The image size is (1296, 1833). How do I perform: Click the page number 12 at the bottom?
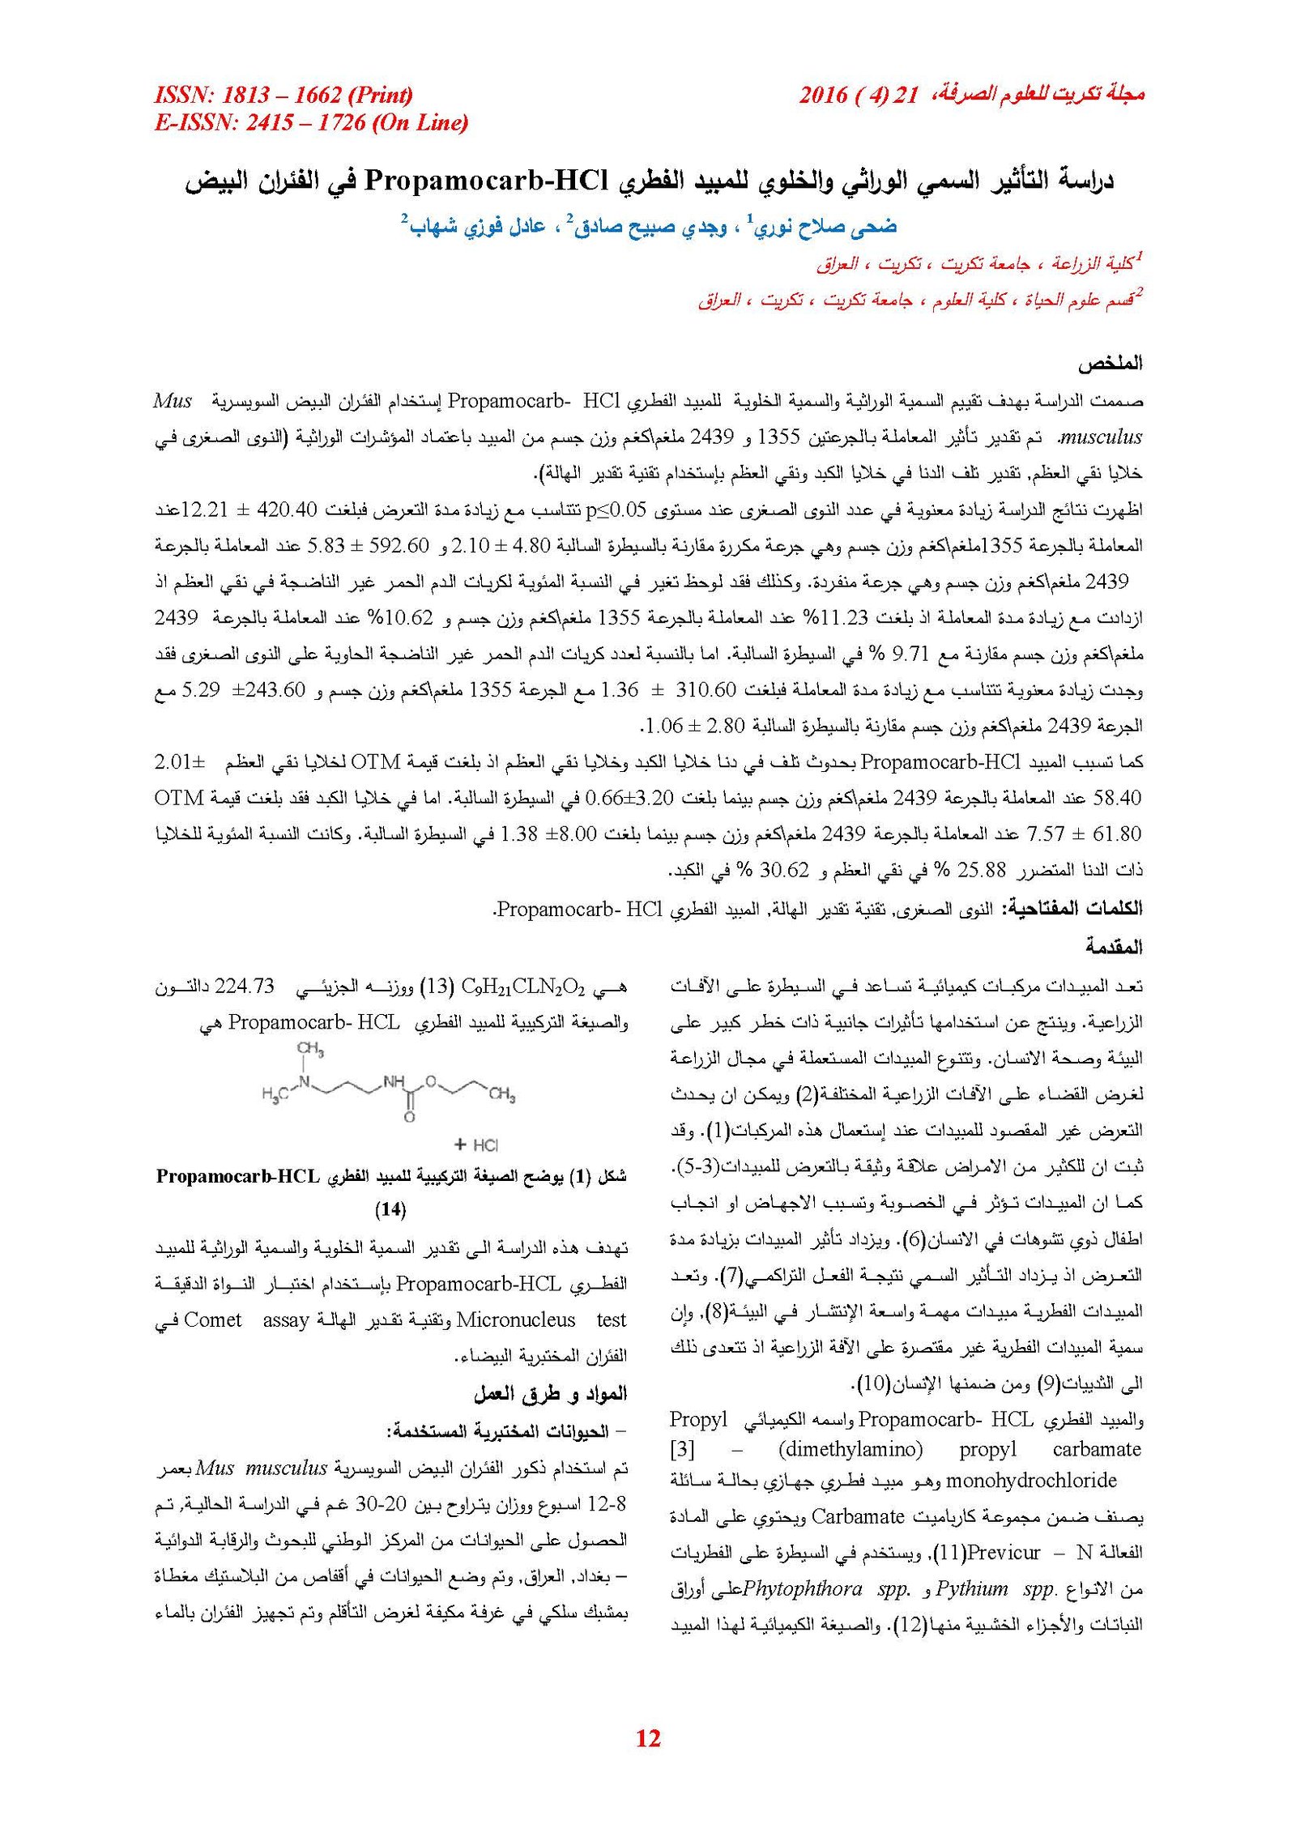click(648, 1737)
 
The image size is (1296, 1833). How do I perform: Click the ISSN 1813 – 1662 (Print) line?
click(283, 95)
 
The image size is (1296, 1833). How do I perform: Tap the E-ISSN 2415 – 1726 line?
click(311, 122)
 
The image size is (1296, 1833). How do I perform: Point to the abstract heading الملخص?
click(1110, 364)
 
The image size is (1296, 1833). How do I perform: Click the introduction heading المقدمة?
click(1114, 946)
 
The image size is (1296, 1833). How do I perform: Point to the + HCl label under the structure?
click(476, 1145)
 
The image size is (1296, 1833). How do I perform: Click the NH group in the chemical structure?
click(394, 1081)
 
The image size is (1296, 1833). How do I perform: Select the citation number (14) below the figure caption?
click(390, 1209)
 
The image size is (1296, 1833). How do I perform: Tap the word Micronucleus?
click(516, 1320)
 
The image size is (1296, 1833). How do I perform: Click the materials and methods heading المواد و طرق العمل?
click(551, 1393)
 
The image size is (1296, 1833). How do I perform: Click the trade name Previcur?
click(1004, 1553)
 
